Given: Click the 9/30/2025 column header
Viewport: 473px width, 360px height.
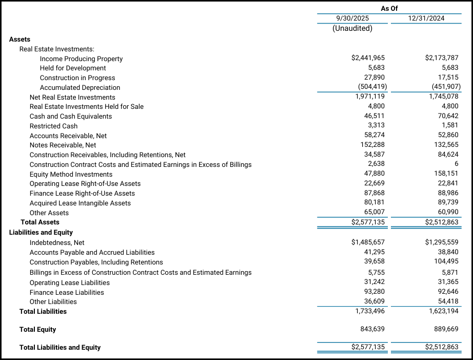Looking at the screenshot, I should point(352,18).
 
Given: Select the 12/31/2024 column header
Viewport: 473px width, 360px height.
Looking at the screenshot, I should point(426,18).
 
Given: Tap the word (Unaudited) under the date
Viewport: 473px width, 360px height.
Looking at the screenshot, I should point(352,28).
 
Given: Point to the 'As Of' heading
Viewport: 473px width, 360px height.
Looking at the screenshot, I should point(389,8).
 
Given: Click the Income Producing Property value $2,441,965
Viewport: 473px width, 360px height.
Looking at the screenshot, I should point(368,58).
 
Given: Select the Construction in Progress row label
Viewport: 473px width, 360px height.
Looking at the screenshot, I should point(77,78).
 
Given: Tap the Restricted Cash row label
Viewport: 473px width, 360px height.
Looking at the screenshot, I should point(54,126).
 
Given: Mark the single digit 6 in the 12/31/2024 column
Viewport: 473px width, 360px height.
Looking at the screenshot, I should point(456,164).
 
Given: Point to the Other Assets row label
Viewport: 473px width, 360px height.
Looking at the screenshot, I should point(49,213).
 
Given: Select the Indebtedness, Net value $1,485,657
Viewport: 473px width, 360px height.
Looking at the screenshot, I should point(368,242).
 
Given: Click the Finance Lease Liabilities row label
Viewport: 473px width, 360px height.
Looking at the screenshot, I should point(67,292).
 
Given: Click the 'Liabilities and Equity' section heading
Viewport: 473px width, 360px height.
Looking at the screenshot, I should point(41,232).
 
